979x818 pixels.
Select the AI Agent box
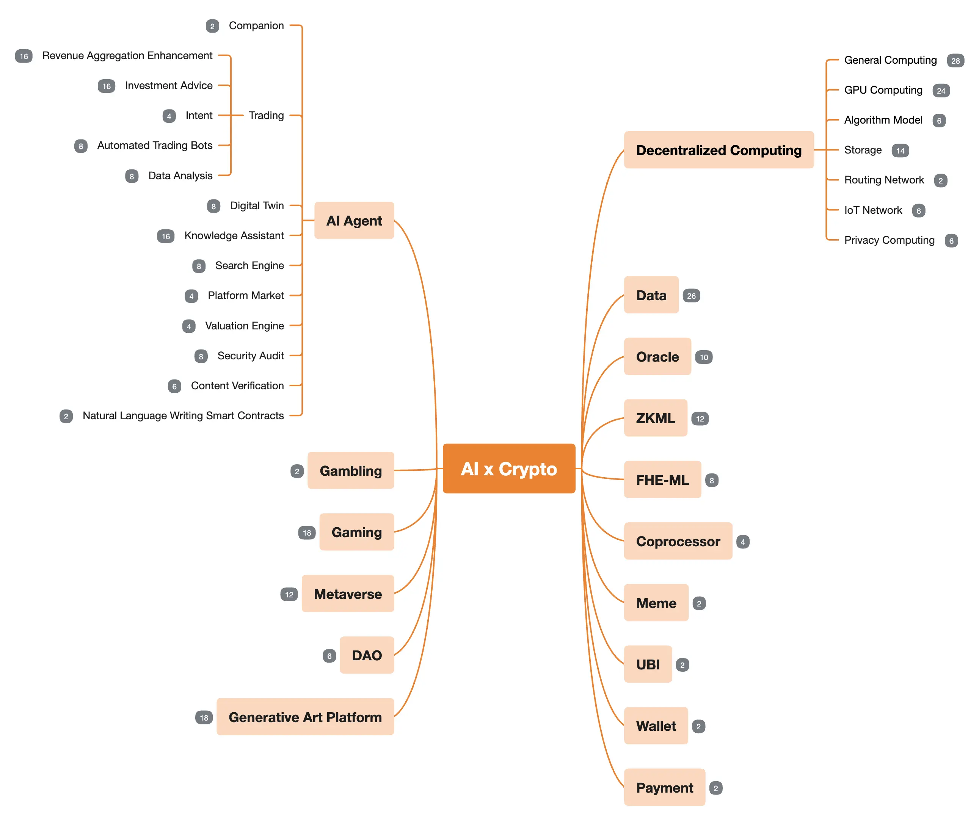354,221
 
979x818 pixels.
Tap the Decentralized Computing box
719,150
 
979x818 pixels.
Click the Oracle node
657,357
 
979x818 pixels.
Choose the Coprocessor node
678,541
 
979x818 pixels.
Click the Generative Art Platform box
305,717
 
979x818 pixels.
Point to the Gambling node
351,471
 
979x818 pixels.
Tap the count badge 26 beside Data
691,296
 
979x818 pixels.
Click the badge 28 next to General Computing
955,61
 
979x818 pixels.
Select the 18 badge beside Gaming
307,533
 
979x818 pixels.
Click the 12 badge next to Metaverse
289,594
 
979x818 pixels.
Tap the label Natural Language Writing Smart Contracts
183,415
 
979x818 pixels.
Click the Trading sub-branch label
266,115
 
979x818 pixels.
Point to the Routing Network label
884,180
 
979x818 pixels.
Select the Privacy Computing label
889,240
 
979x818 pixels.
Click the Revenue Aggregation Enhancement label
127,55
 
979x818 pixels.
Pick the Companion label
256,26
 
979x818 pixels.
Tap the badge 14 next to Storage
900,150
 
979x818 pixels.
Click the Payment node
664,788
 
